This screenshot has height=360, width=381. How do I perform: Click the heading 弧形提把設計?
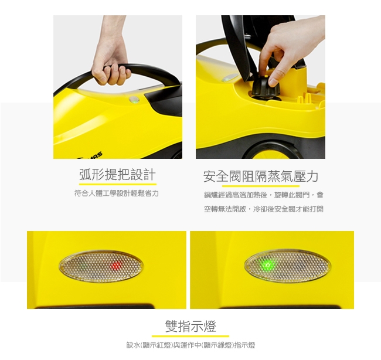(x=117, y=175)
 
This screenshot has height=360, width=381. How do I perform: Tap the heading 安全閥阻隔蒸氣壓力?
(x=260, y=176)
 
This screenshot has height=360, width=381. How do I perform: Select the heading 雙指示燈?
(x=190, y=326)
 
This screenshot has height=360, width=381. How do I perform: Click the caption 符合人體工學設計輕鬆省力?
(x=117, y=193)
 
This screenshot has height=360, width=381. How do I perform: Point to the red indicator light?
(x=117, y=265)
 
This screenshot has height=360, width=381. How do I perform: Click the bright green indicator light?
(x=267, y=264)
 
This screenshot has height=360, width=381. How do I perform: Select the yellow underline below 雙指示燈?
(x=190, y=337)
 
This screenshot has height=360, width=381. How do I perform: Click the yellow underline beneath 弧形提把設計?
(x=118, y=184)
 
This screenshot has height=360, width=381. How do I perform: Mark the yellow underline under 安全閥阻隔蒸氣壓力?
(x=261, y=186)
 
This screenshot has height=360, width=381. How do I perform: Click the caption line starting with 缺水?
(x=190, y=345)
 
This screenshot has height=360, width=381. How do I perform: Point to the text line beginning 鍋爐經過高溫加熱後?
(x=264, y=195)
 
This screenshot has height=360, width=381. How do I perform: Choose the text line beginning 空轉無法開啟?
(x=264, y=209)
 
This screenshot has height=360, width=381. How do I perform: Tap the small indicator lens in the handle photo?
(x=134, y=100)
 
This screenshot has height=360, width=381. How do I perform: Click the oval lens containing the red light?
(x=101, y=266)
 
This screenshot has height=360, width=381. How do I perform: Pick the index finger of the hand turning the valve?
(x=263, y=62)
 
